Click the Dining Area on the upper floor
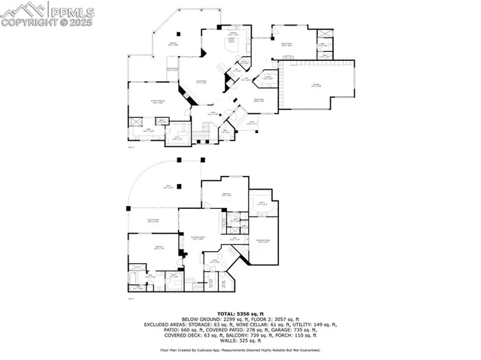point(258,98)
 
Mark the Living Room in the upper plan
point(201,81)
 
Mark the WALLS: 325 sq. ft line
point(240,343)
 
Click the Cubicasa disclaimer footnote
point(240,350)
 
